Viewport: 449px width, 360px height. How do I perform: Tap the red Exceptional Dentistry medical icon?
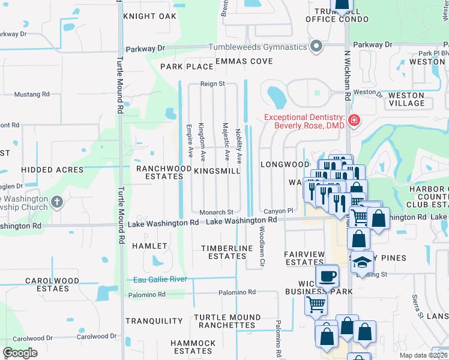point(355,121)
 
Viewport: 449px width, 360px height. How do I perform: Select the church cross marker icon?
point(57,202)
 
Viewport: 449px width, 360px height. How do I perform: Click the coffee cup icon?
point(327,276)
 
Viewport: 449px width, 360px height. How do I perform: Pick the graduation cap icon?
point(362,262)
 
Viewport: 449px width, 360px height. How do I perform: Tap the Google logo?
point(20,353)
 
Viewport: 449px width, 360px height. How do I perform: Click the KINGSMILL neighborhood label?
point(217,171)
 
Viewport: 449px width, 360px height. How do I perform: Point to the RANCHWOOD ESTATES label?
point(160,173)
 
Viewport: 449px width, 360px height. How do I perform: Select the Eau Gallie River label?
point(160,279)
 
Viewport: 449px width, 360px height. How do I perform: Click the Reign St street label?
point(212,85)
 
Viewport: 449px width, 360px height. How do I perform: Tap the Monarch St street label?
point(217,212)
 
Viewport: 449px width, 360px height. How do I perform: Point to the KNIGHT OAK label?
point(150,16)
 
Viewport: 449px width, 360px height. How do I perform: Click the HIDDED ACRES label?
point(52,170)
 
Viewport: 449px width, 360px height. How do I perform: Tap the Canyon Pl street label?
point(278,211)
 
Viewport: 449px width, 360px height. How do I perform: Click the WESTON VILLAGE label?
point(406,99)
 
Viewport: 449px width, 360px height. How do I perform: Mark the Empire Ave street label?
point(189,141)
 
